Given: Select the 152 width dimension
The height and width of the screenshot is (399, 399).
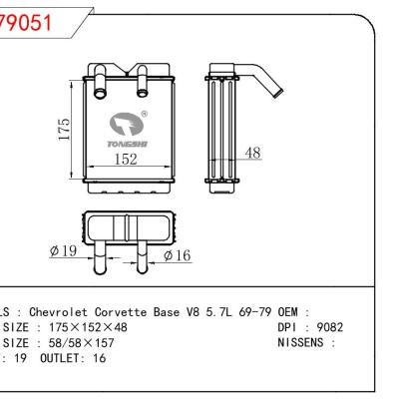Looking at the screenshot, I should tap(125, 159).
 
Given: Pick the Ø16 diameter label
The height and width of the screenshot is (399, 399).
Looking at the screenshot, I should tap(177, 256).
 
